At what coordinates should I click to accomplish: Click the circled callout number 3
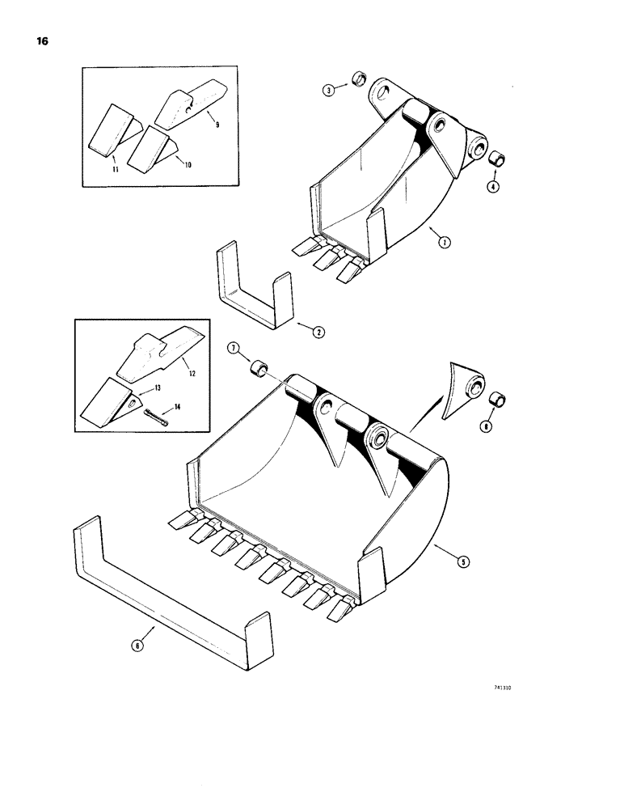(329, 91)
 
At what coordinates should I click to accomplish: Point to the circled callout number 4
(493, 187)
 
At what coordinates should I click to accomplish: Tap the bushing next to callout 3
(356, 81)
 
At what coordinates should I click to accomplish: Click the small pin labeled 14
(156, 418)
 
